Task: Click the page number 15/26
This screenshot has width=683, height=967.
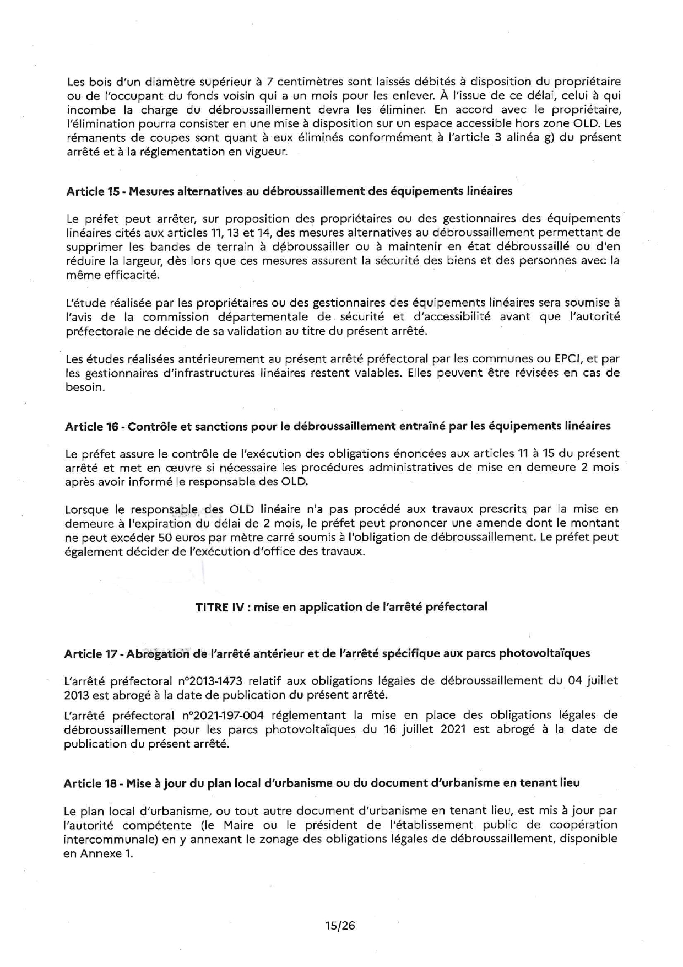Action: pos(340,926)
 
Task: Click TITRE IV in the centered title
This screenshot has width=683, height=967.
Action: pos(220,607)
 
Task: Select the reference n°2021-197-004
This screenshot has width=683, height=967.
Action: pos(223,716)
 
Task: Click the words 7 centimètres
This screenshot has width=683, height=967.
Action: pos(297,82)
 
